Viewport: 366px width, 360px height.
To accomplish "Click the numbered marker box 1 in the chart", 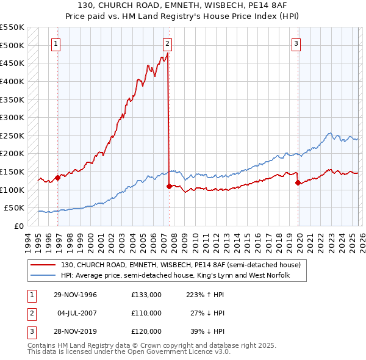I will (56, 43).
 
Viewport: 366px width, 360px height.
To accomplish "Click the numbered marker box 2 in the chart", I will (167, 43).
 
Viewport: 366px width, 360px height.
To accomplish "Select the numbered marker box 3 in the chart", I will (296, 43).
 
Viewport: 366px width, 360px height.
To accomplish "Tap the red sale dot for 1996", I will (58, 178).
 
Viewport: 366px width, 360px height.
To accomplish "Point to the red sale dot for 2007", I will (169, 186).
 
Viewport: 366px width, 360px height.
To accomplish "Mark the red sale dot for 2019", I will (298, 182).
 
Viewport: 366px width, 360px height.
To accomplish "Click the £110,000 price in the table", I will (146, 313).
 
